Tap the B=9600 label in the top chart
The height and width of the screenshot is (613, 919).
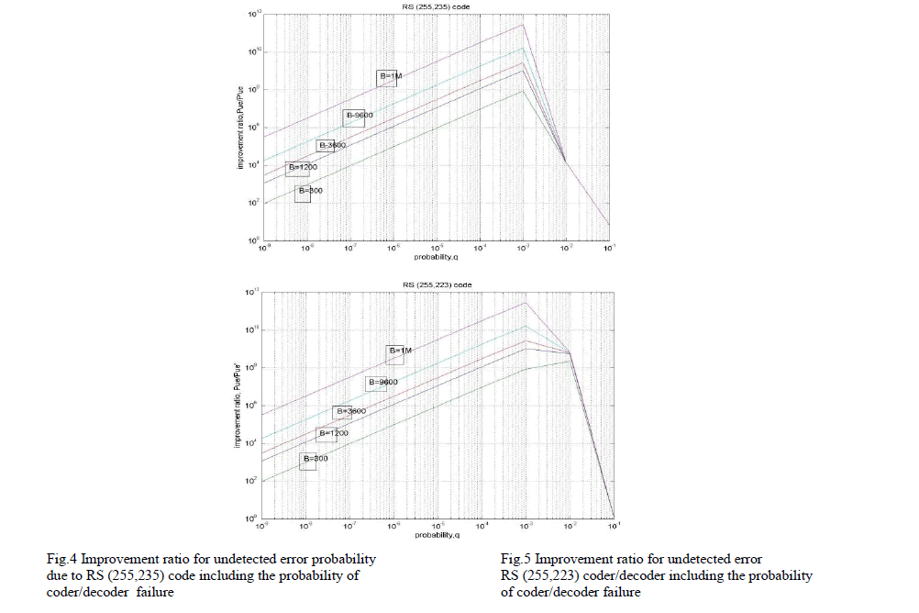coord(358,116)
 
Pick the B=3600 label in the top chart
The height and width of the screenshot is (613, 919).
coord(330,146)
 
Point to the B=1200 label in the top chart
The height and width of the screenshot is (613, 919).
coord(302,168)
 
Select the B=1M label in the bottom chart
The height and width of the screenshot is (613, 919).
coord(401,351)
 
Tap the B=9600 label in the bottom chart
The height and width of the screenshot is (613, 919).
coord(382,382)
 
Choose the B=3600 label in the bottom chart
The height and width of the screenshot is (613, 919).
coord(349,412)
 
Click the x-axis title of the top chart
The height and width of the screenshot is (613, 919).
coord(437,258)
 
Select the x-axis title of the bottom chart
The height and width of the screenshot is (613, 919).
coord(437,535)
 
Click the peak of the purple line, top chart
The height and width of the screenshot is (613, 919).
coord(523,25)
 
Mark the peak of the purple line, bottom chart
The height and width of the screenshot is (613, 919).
coord(526,302)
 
